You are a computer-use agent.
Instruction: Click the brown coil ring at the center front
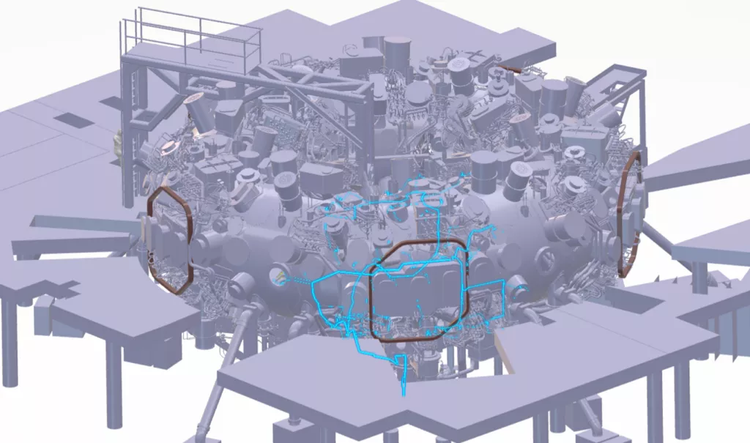pos(372,293)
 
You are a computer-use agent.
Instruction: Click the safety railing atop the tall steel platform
pos(190,33)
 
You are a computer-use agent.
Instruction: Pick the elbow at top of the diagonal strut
pos(250,311)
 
